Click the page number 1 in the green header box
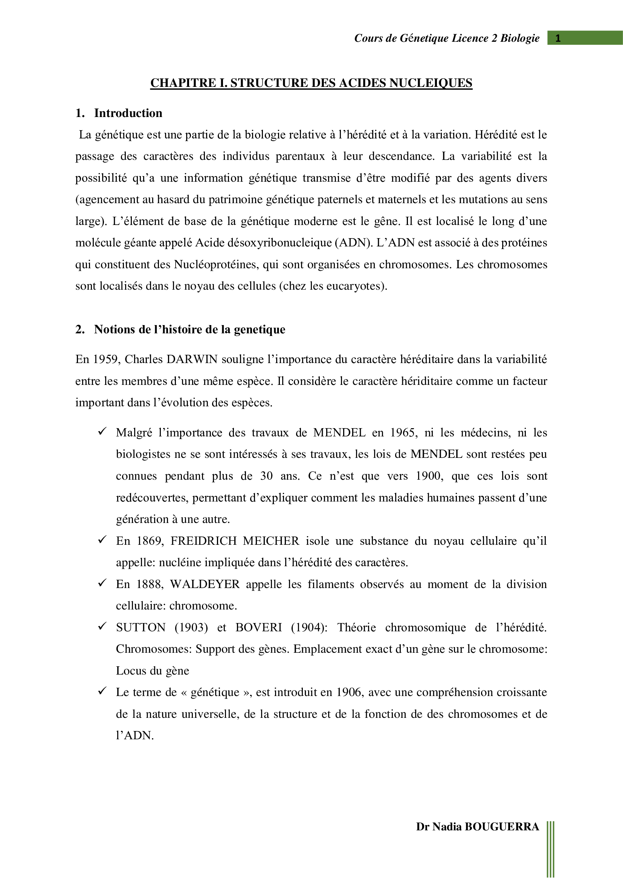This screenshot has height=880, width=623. click(x=558, y=38)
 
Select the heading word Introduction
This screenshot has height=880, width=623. click(x=128, y=113)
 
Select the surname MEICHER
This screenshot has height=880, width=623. click(x=271, y=541)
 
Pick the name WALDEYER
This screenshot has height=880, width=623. click(x=205, y=584)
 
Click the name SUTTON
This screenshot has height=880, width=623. click(x=141, y=628)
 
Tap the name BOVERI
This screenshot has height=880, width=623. click(x=258, y=628)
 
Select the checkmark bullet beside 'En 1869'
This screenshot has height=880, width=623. click(x=102, y=540)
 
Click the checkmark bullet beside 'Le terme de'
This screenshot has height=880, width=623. click(x=102, y=691)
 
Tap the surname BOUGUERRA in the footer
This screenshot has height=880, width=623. click(x=502, y=827)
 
